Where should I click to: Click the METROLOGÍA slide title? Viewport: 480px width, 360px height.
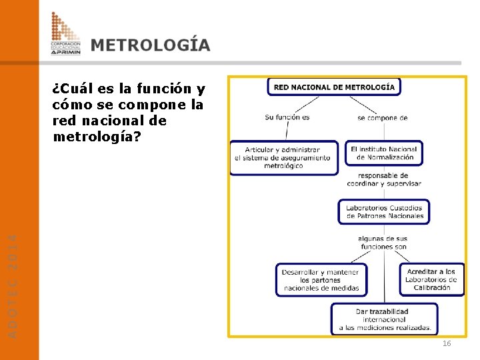point(151,45)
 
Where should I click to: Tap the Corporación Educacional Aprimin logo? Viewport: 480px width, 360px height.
point(65,33)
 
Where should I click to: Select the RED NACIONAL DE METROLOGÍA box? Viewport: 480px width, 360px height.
point(334,87)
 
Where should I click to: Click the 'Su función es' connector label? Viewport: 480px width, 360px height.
point(287,117)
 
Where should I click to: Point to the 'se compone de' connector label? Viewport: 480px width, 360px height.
point(383,118)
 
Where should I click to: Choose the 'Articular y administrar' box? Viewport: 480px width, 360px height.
point(283,158)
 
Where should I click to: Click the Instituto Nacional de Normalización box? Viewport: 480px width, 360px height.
point(384,153)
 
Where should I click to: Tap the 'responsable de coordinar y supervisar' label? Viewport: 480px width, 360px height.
point(384,180)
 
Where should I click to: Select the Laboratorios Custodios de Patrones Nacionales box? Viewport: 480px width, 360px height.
point(384,212)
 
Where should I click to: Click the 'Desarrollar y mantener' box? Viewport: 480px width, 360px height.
point(321,280)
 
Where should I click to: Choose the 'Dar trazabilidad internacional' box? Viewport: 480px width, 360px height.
point(385,319)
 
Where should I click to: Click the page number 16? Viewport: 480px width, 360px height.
point(447,343)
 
